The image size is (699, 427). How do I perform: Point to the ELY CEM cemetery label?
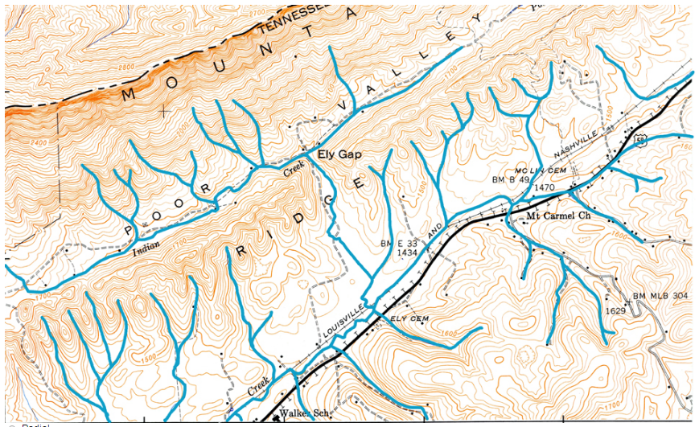click(406, 319)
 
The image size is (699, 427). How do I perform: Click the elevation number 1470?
click(545, 188)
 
